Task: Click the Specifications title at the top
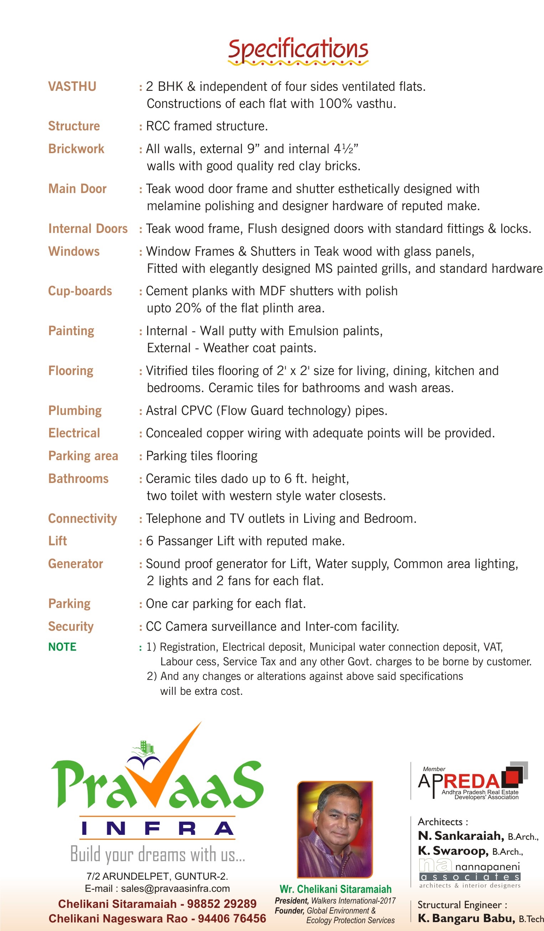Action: pyautogui.click(x=298, y=50)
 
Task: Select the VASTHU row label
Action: pyautogui.click(x=72, y=87)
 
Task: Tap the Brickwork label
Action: pyautogui.click(x=76, y=149)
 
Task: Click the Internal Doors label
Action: pyautogui.click(x=88, y=229)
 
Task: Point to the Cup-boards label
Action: pyautogui.click(x=80, y=291)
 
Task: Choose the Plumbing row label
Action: pyautogui.click(x=75, y=410)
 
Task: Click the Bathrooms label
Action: pyautogui.click(x=78, y=478)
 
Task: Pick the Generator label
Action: pyautogui.click(x=76, y=563)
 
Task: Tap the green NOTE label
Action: pyautogui.click(x=62, y=646)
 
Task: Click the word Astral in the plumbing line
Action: pyautogui.click(x=161, y=410)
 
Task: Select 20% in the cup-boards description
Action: pyautogui.click(x=188, y=308)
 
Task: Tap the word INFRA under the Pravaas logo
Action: pyautogui.click(x=157, y=829)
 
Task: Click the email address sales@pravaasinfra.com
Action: pyautogui.click(x=175, y=888)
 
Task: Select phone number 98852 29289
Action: pyautogui.click(x=221, y=904)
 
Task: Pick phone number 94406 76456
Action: pyautogui.click(x=232, y=919)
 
